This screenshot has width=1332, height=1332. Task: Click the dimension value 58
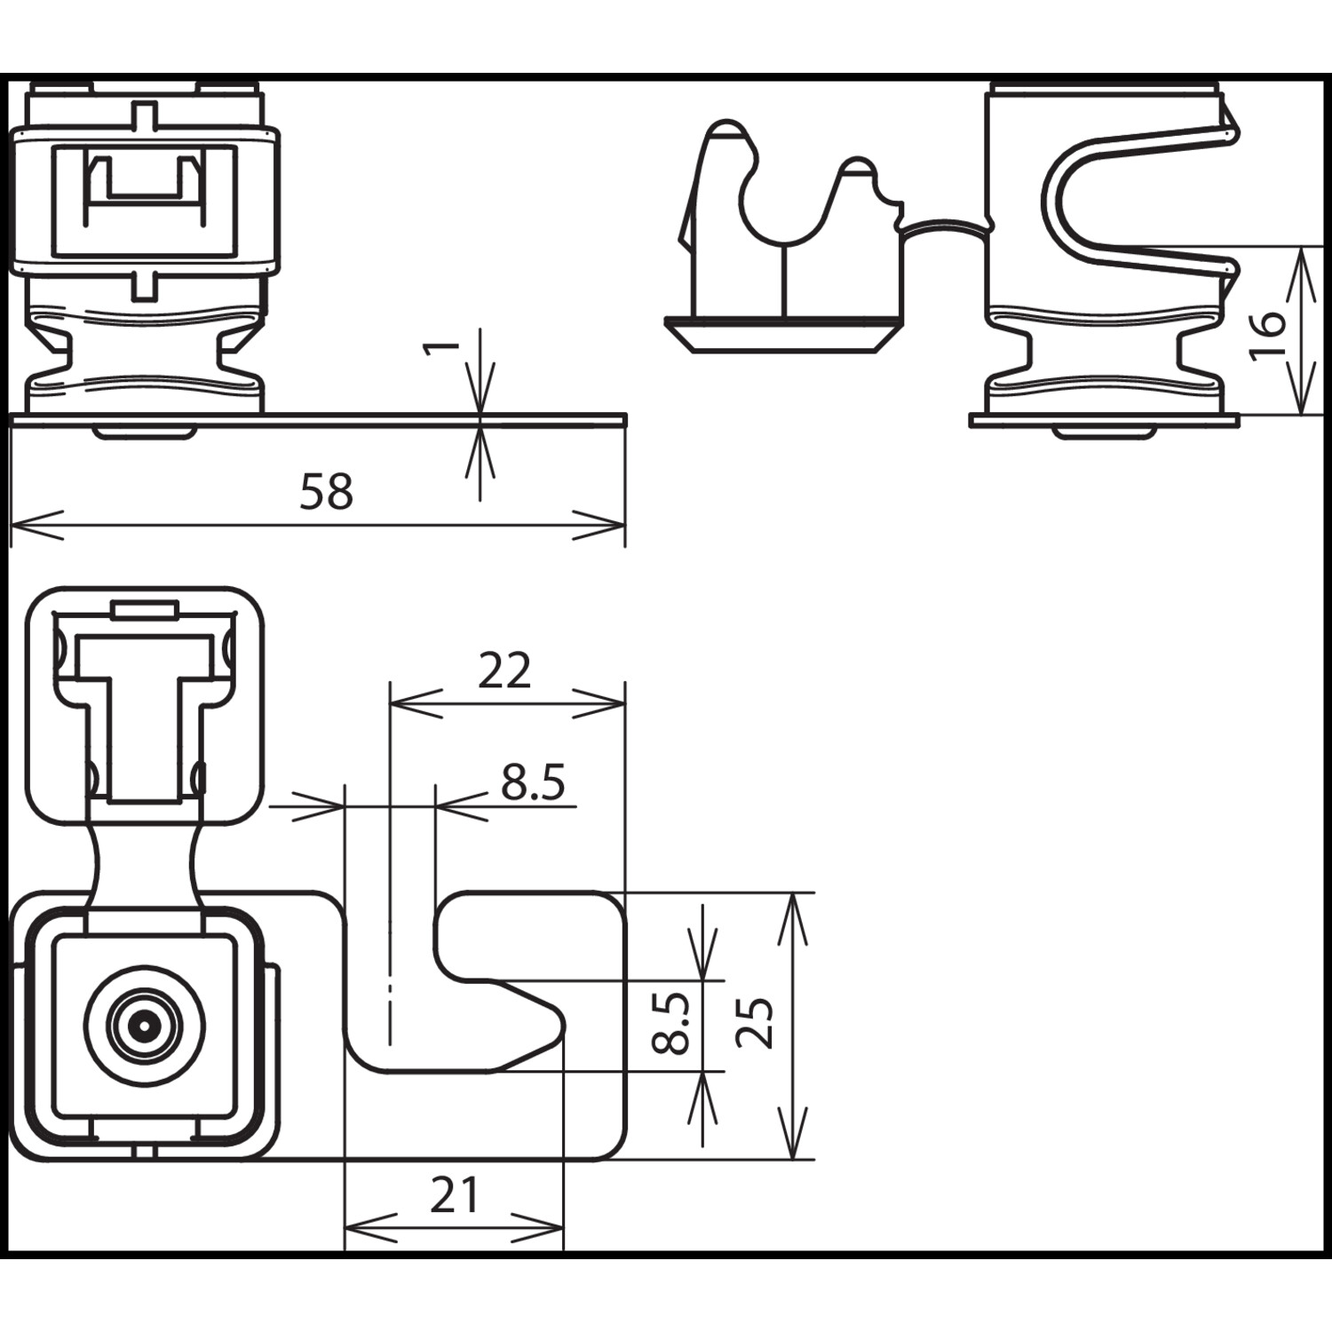(326, 491)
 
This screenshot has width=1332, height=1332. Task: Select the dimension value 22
(504, 670)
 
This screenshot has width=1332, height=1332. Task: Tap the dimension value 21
(454, 1195)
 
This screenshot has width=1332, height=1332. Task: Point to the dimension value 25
(756, 1023)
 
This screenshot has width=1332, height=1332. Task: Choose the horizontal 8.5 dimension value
(533, 782)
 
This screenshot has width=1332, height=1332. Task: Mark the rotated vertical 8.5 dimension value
(671, 1023)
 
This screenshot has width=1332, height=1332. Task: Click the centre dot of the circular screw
(142, 1027)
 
